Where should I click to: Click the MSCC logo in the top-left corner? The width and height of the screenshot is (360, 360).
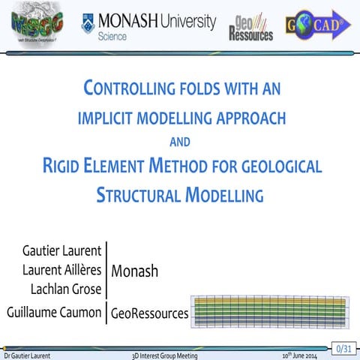point(37,24)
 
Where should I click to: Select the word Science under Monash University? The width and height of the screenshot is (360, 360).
point(112,35)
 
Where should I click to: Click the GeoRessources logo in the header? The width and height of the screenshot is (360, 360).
point(250,28)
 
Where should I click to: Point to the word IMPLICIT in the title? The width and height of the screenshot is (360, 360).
point(112,118)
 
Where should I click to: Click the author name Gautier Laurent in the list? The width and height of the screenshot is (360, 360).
point(63,253)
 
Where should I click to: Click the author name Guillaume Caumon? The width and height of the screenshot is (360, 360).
point(53,313)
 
